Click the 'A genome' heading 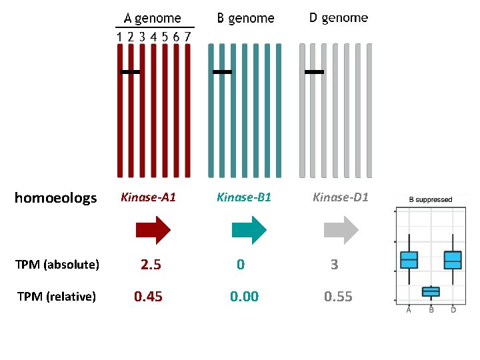pos(152,19)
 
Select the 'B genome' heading pos(245,19)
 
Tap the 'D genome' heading pos(339,18)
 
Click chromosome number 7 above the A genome pos(187,37)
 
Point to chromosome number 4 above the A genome pos(153,37)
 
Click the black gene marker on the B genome pos(222,72)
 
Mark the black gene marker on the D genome pos(314,72)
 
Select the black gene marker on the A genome pos(130,72)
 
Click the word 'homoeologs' pos(56,198)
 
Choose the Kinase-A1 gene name pos(149,197)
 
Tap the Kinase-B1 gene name pos(244,197)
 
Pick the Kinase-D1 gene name pos(341,197)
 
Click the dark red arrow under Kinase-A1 pos(153,230)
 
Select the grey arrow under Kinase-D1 pos(341,230)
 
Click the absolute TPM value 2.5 pos(151,265)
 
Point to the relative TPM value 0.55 pos(338,296)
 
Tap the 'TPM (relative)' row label pos(57,296)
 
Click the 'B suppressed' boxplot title pos(431,199)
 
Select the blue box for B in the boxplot pos(431,292)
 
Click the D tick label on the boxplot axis pos(453,310)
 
